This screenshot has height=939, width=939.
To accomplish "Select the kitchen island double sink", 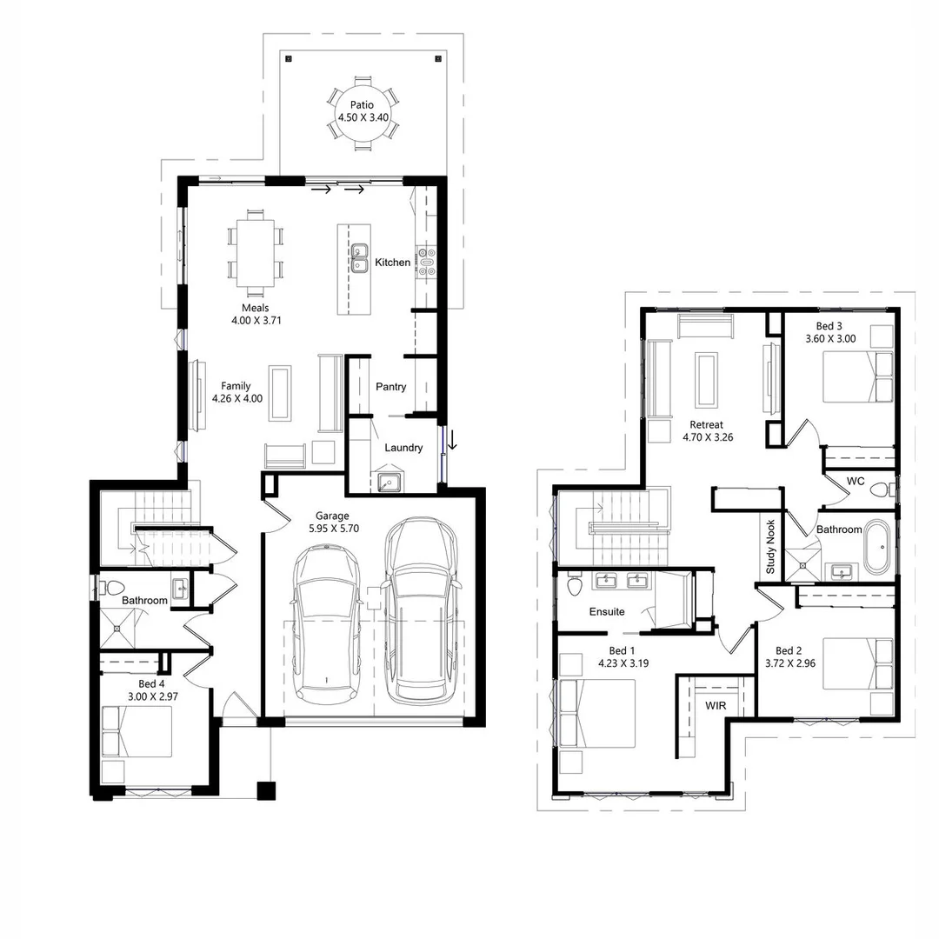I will [x=360, y=258].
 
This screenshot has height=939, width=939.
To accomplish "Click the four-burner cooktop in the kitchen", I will [x=426, y=261].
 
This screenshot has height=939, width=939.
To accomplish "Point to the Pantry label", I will [x=391, y=387].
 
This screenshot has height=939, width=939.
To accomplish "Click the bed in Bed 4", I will [x=137, y=731].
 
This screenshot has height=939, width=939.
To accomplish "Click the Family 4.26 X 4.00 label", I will [x=236, y=393].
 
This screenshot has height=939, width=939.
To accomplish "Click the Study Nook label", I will [x=770, y=547].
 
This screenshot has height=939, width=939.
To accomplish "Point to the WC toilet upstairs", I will [x=880, y=488].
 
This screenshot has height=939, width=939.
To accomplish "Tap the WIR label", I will [x=716, y=706].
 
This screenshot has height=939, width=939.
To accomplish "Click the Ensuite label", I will [x=607, y=612].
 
